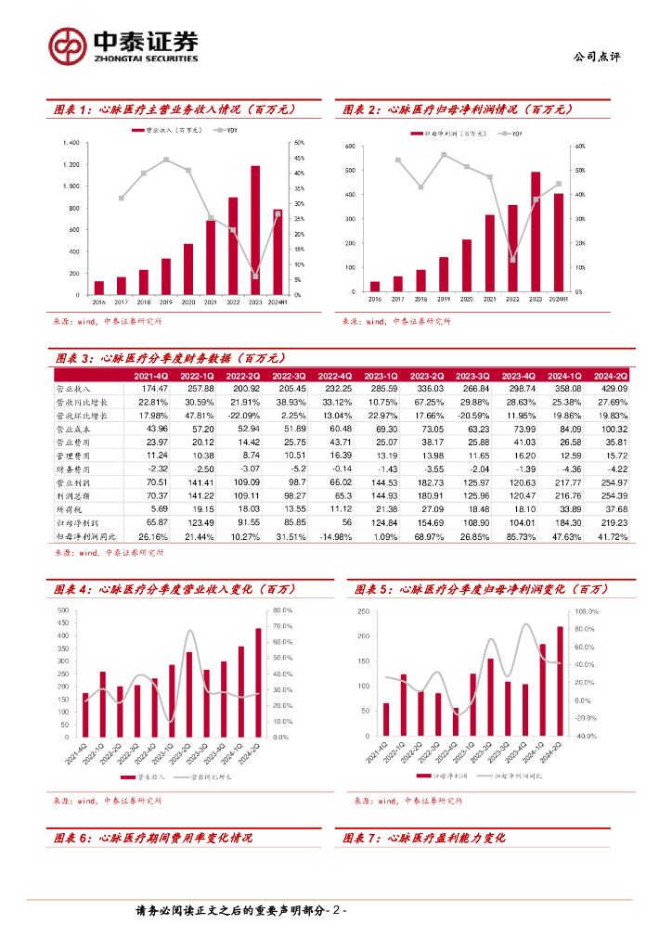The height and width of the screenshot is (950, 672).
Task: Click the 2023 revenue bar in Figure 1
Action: click(x=255, y=231)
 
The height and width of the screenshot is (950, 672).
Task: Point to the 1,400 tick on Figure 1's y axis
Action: click(x=71, y=143)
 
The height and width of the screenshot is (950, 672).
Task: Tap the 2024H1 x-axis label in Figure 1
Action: click(x=278, y=302)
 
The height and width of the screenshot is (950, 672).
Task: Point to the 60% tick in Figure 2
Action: click(x=578, y=147)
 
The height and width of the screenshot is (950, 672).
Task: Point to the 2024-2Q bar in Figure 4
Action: click(x=259, y=683)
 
